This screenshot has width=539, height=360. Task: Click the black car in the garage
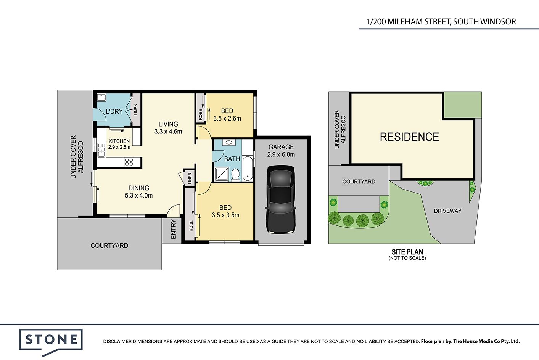click(281, 199)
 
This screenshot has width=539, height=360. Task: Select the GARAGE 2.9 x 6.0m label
click(281, 151)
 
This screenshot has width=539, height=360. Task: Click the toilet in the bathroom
click(235, 175)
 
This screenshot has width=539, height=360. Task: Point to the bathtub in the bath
click(248, 168)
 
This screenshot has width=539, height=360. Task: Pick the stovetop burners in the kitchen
click(129, 162)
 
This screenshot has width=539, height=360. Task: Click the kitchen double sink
click(101, 150)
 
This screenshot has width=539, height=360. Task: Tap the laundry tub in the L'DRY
click(101, 97)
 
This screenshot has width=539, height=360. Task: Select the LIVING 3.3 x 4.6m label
click(168, 128)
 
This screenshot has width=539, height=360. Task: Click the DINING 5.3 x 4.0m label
click(139, 192)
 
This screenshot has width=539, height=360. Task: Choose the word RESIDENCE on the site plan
click(409, 137)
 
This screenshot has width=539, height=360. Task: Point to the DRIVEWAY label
click(447, 211)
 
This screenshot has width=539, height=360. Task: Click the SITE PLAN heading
click(407, 252)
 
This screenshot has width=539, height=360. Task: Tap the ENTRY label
click(173, 229)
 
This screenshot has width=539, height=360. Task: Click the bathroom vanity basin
click(228, 142)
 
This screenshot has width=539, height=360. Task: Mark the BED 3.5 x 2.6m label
click(227, 115)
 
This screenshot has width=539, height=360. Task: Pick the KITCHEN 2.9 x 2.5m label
click(119, 144)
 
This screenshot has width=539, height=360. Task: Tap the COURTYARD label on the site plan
click(359, 182)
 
